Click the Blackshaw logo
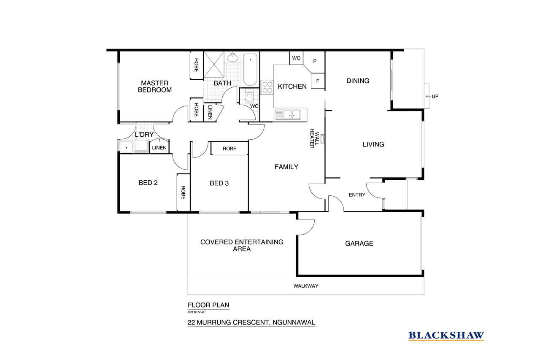(446, 336)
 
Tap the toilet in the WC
(249, 97)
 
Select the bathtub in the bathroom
(250, 70)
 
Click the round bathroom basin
(232, 57)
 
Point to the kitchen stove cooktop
(267, 87)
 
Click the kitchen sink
(288, 115)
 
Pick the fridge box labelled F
(318, 81)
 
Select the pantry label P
(315, 61)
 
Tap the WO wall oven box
(296, 58)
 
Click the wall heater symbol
(322, 139)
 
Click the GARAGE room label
(359, 244)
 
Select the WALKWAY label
(306, 286)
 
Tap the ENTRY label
(357, 195)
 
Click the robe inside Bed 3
(229, 149)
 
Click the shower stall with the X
(213, 65)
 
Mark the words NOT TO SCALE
(197, 312)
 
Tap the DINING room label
(358, 81)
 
